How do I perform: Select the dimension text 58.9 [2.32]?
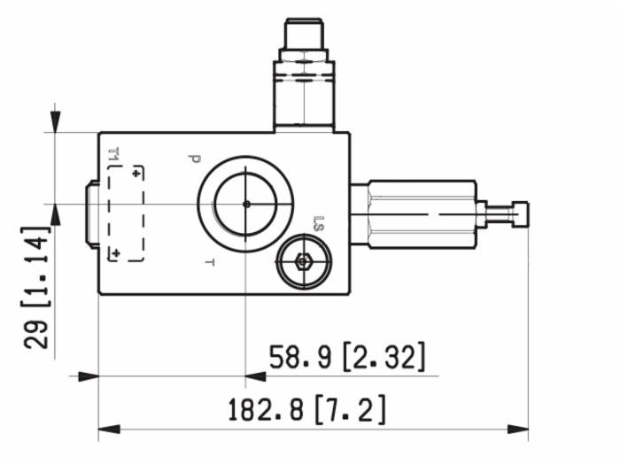(347, 357)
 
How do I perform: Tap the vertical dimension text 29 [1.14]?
(35, 287)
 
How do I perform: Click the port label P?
(193, 159)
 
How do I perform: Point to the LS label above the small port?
(319, 227)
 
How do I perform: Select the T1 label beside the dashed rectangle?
(113, 157)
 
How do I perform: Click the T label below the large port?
(210, 262)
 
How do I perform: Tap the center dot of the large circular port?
(246, 204)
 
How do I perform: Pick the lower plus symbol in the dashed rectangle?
(114, 254)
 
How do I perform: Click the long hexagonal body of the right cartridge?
(421, 213)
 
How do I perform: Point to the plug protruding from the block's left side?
(91, 213)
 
